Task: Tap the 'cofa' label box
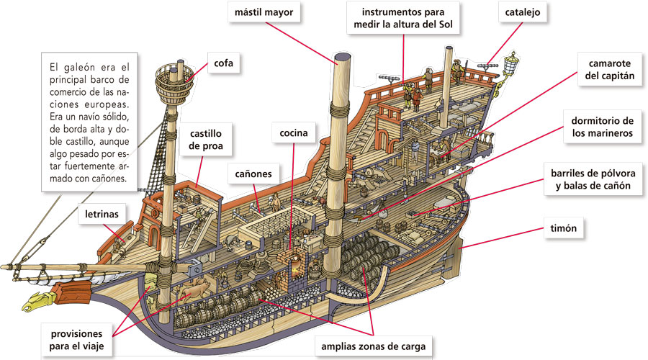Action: point(224,64)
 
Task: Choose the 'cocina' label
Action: point(294,133)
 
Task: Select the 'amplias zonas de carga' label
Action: point(374,347)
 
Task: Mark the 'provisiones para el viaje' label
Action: point(76,341)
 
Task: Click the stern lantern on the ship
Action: point(513,63)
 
